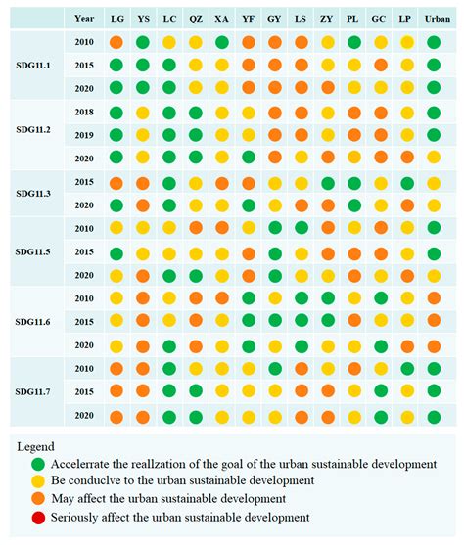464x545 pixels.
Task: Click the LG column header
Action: (x=116, y=18)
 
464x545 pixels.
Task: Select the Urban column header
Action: (x=434, y=18)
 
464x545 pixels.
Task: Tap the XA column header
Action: (x=222, y=18)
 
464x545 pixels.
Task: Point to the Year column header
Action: (x=84, y=18)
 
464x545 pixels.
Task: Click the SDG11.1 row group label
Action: (x=34, y=65)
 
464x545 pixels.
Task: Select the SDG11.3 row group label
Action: (x=34, y=193)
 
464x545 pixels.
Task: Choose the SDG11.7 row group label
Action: (x=34, y=392)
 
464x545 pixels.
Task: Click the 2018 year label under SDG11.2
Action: (x=84, y=113)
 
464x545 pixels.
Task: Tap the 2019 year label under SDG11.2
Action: (x=84, y=134)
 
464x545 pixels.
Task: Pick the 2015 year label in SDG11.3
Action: (x=84, y=183)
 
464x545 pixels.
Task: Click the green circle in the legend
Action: (x=37, y=464)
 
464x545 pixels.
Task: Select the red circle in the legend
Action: (x=37, y=520)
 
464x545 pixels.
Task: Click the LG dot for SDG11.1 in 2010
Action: (x=116, y=42)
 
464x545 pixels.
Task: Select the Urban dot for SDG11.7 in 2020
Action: (x=434, y=416)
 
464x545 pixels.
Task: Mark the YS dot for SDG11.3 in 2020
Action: (x=143, y=205)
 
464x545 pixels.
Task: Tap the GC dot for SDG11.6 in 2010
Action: (x=380, y=298)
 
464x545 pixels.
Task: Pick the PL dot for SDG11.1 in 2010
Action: (x=353, y=42)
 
